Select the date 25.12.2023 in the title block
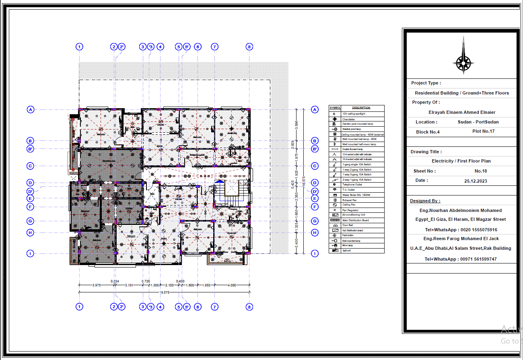[x=476, y=181]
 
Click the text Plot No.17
[x=483, y=131]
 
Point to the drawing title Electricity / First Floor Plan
[x=461, y=161]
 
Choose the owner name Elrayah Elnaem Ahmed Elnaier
[x=462, y=112]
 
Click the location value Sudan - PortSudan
[x=478, y=122]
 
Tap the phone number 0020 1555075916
[x=478, y=230]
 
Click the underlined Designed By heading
[x=425, y=201]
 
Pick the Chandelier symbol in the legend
[x=335, y=119]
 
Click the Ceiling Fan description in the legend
[x=349, y=205]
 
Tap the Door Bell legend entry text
[x=348, y=225]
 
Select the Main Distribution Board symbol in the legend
[x=335, y=220]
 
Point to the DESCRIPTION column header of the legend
[x=361, y=108]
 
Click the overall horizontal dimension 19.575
[x=164, y=293]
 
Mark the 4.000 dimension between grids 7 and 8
[x=232, y=285]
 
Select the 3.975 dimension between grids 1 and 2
[x=96, y=285]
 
